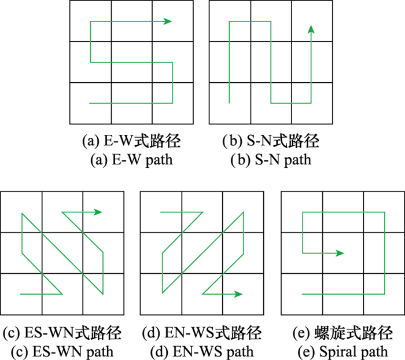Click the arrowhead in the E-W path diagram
168,21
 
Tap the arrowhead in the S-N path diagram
311,29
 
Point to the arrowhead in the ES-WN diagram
98,212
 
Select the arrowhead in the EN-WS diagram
238,294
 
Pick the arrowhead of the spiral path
340,253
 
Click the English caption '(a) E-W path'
131,160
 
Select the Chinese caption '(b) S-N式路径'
271,141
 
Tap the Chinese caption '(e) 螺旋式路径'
343,333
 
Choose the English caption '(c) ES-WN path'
62,352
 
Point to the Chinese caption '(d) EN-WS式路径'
202,333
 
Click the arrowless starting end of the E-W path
90,104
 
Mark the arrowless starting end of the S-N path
229,103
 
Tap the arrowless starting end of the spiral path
302,294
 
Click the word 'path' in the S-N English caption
298,160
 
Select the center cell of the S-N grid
271,62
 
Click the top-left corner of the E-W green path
90,21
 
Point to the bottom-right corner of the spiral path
385,294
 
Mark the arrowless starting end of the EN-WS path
161,212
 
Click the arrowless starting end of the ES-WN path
20,294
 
